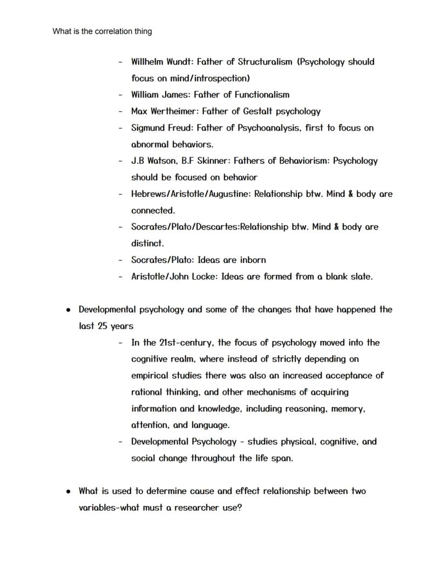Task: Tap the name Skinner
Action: tap(214, 161)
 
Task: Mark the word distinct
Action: tap(147, 243)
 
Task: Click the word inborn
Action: tap(250, 259)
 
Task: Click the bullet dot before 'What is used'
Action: tap(69, 491)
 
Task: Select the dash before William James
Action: tap(121, 95)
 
